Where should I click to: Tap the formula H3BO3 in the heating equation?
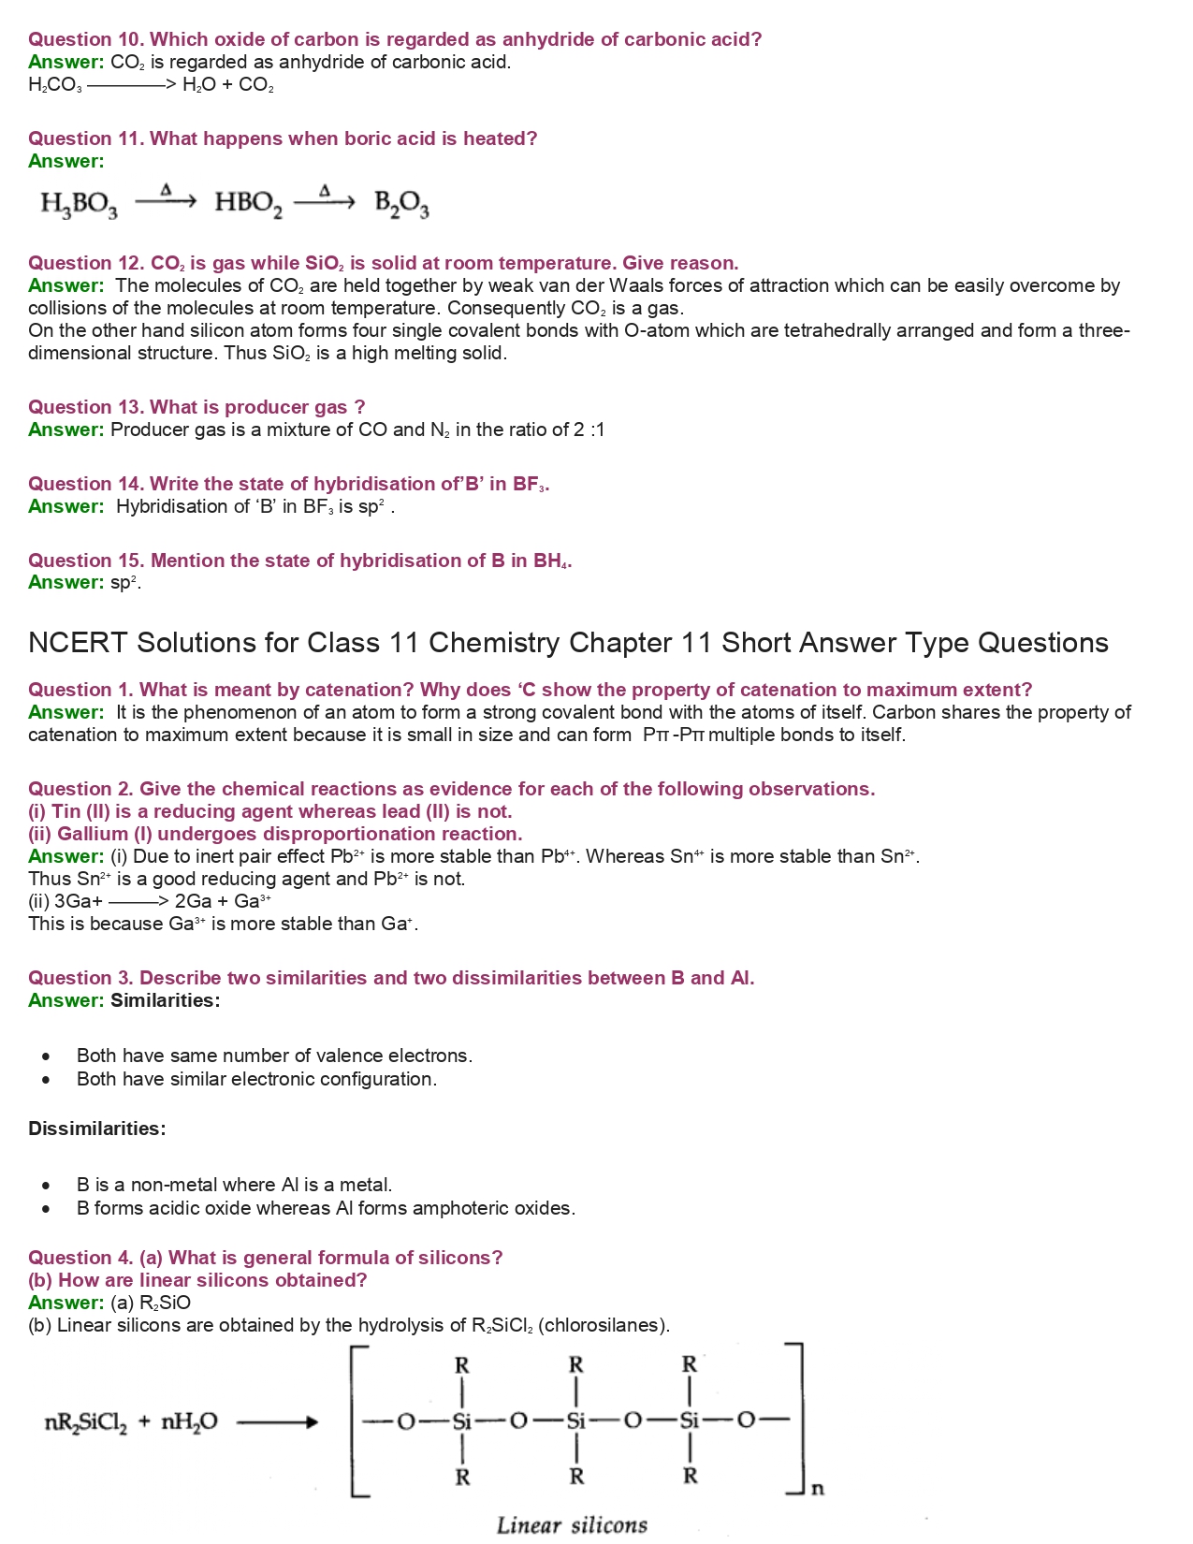click(79, 203)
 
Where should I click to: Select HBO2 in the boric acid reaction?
click(248, 203)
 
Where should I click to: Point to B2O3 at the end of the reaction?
click(401, 203)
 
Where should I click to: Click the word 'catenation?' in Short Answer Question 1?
click(361, 691)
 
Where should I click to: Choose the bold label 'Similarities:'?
click(166, 1001)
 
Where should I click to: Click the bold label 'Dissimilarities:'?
click(97, 1129)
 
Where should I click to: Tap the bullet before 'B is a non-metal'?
click(46, 1187)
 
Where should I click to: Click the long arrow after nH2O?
click(277, 1423)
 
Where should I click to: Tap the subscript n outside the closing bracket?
click(817, 1488)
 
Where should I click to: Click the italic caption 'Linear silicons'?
click(572, 1525)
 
